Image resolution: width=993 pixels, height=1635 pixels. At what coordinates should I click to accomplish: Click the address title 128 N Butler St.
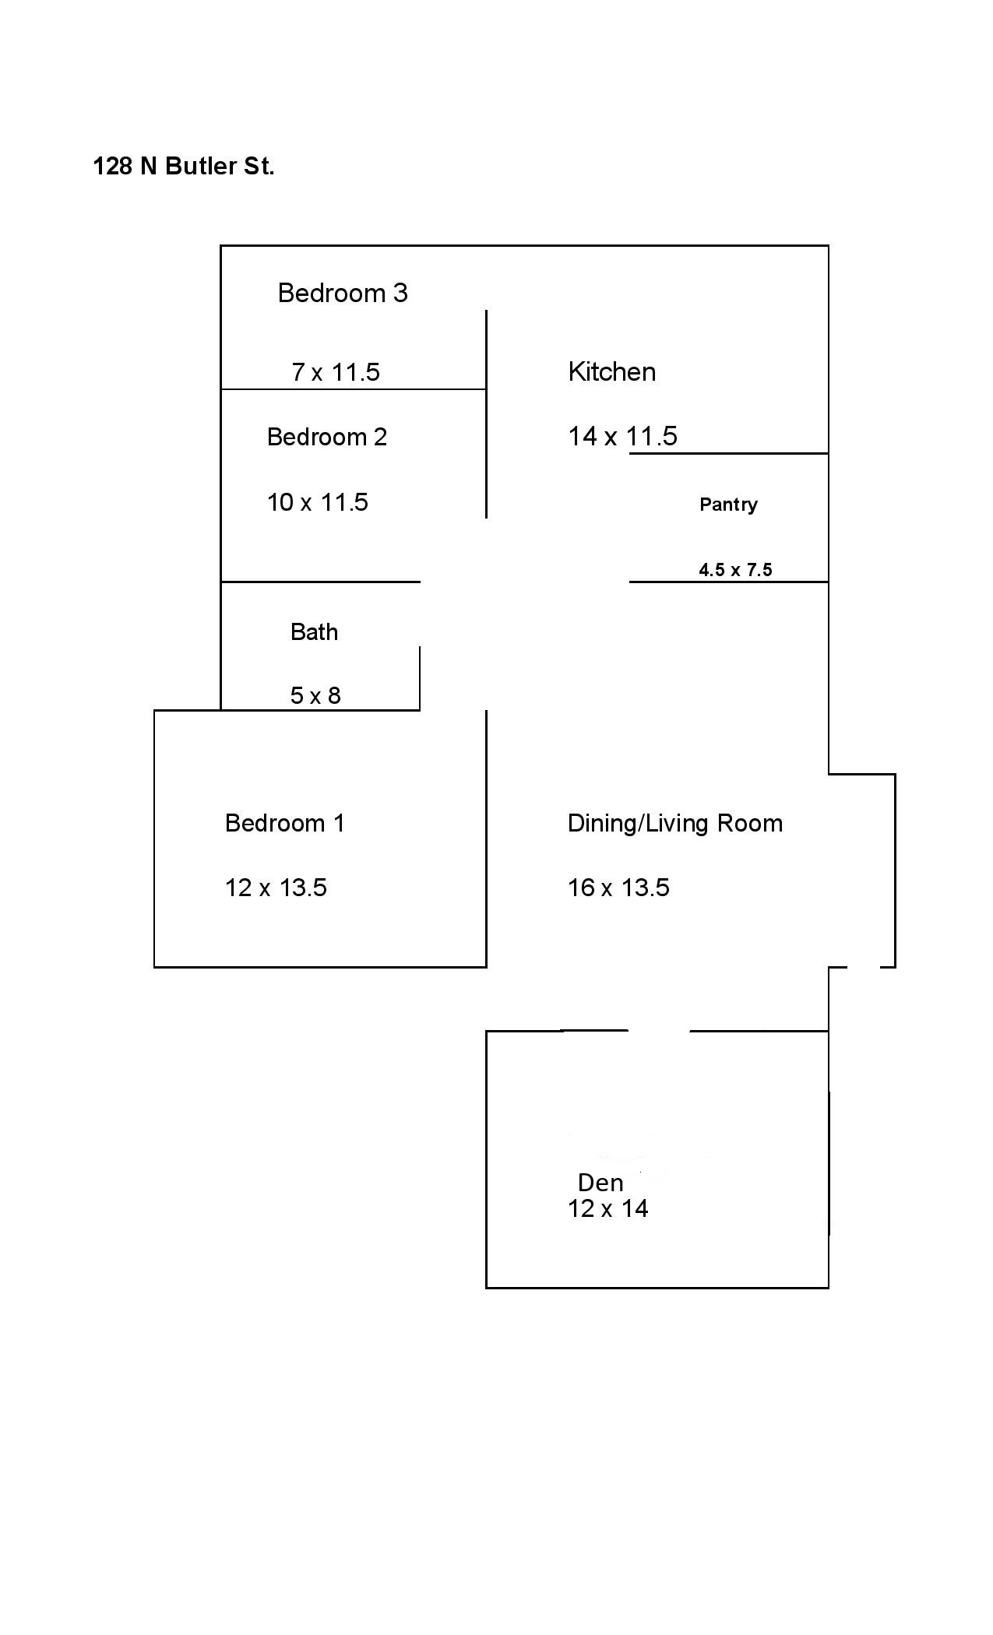point(184,167)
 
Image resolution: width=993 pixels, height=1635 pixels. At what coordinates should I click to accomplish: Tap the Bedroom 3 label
point(343,293)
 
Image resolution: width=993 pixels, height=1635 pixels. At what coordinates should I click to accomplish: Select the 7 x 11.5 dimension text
point(336,372)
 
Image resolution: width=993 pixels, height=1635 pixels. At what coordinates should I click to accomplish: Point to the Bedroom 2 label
point(327,437)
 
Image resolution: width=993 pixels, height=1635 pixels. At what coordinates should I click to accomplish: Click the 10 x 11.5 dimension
point(318,502)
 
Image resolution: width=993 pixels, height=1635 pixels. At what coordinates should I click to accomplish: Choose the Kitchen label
point(612,372)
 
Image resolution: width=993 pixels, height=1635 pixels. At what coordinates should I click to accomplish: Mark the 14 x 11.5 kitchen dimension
point(623,436)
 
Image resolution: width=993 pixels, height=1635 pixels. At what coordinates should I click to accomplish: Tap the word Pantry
point(728,505)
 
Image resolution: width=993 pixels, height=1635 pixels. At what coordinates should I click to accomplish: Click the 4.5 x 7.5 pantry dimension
point(735,570)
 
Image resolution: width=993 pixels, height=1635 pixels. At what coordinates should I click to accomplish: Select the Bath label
point(315,631)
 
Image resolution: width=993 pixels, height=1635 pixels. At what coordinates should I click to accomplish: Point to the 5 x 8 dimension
point(315,695)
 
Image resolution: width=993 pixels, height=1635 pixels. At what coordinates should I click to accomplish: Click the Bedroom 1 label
point(285,823)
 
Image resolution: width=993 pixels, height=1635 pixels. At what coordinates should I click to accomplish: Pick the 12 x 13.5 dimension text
point(276,888)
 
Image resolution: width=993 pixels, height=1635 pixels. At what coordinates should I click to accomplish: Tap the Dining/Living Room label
point(675,824)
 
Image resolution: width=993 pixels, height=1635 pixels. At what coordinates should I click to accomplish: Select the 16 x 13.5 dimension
point(618,888)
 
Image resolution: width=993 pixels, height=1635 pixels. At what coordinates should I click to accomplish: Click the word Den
point(600,1183)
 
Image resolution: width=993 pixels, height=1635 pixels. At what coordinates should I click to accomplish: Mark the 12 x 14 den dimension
point(608,1208)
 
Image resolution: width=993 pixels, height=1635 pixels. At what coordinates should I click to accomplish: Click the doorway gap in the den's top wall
point(659,1031)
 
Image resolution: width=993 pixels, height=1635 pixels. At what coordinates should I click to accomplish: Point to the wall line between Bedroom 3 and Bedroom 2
point(354,389)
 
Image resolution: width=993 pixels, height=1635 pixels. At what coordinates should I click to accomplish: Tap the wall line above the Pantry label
point(728,453)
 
